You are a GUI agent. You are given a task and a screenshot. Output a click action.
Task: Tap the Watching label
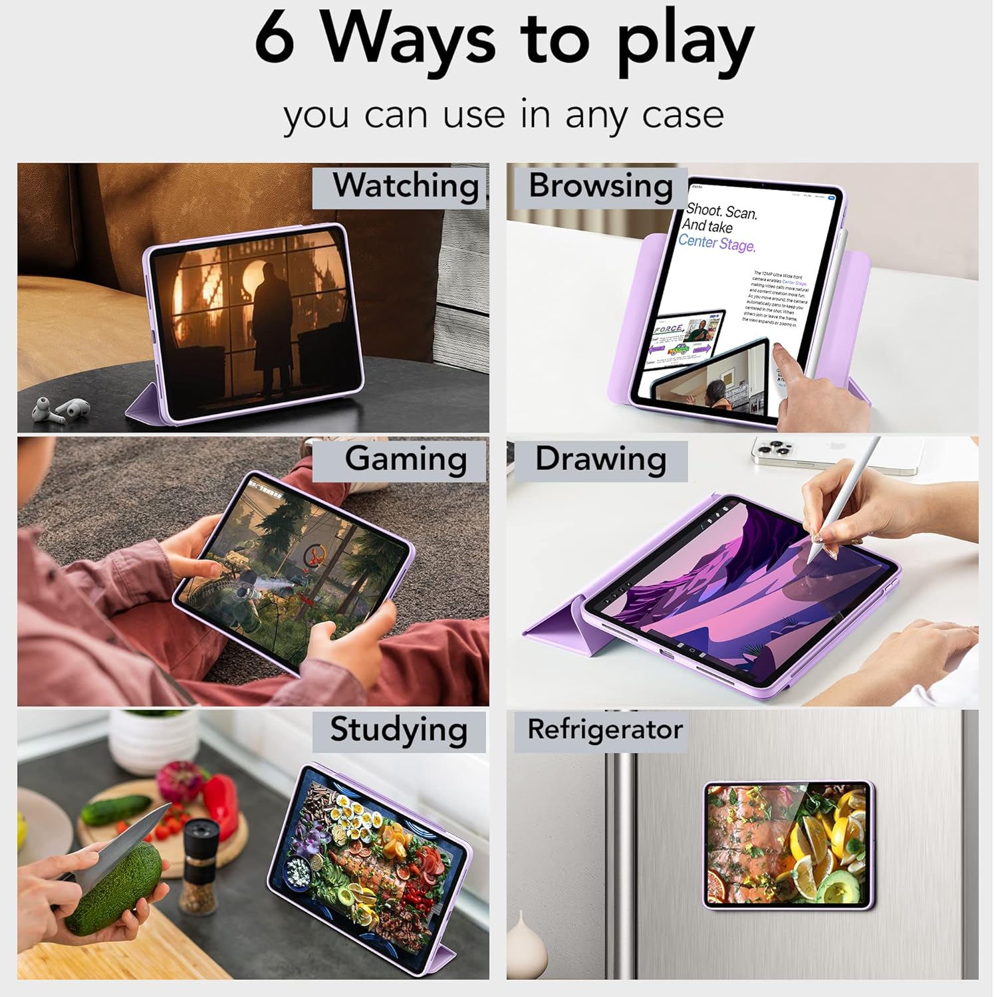point(406,185)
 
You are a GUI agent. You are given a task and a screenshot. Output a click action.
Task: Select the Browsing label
point(600,185)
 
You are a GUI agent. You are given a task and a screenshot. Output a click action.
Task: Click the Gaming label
point(406,459)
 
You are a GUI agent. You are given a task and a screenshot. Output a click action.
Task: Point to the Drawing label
point(600,459)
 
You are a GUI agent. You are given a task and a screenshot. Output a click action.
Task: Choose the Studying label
point(399,729)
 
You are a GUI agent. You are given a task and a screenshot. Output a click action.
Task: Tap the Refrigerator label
point(604,729)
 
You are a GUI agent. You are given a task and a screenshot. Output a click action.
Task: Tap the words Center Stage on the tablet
point(717,243)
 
